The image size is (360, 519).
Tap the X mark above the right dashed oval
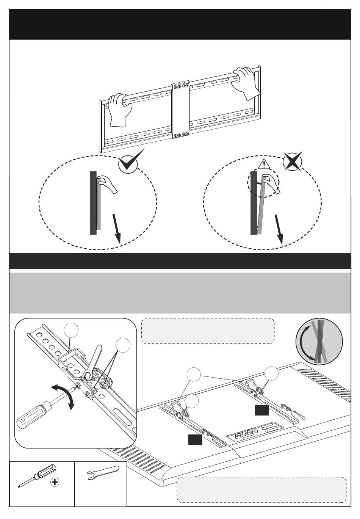click(x=293, y=162)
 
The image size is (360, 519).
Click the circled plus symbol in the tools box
click(x=55, y=483)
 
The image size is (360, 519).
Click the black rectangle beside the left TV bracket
click(x=195, y=439)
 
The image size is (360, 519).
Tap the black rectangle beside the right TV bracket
click(x=262, y=410)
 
